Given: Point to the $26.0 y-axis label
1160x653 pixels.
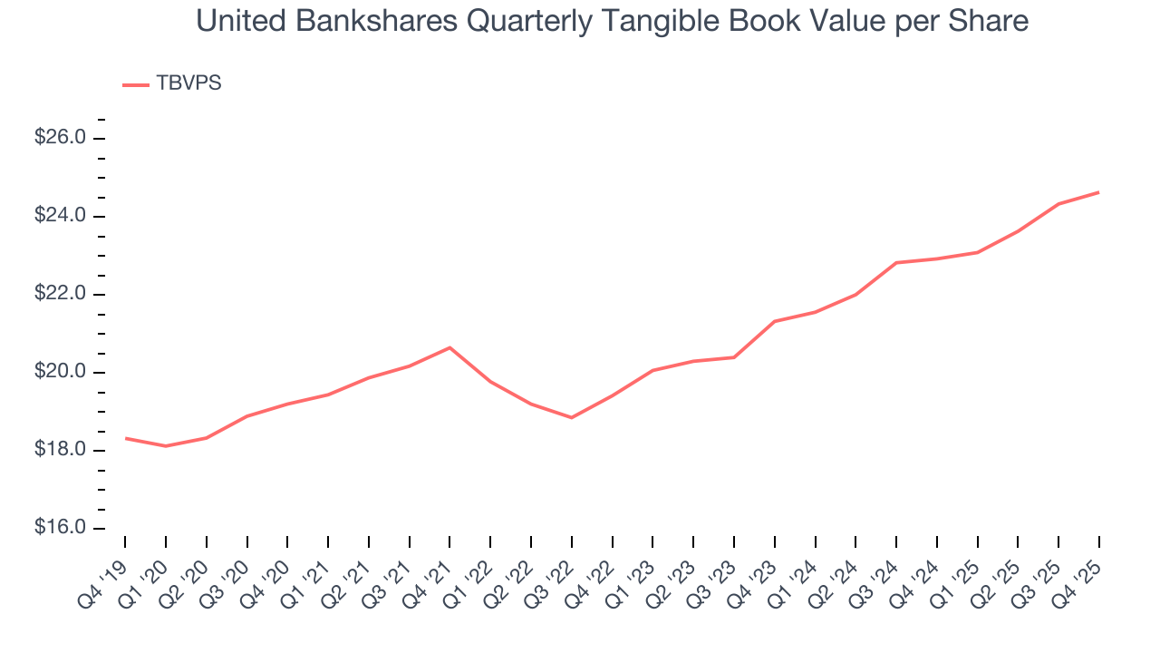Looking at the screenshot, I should click(x=61, y=138).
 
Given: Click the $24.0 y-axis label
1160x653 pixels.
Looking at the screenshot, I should click(x=61, y=216).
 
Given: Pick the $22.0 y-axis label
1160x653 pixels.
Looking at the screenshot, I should click(x=61, y=294).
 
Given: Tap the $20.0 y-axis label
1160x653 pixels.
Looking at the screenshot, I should click(x=61, y=372).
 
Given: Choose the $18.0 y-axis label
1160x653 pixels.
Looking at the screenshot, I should click(x=61, y=451).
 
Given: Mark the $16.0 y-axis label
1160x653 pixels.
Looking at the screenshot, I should click(x=61, y=529).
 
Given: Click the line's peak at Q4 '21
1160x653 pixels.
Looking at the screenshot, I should click(x=449, y=347).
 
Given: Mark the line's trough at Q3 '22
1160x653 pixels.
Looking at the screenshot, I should click(x=572, y=417).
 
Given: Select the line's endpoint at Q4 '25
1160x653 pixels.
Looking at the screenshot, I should click(x=1099, y=192).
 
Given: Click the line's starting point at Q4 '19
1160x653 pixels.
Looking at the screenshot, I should click(x=125, y=438).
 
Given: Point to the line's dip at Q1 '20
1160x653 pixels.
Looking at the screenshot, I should click(x=166, y=446).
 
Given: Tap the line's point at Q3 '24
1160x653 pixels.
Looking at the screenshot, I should click(x=896, y=263).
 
